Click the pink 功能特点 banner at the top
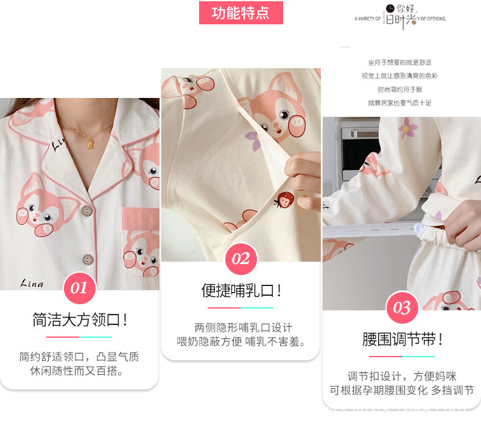coord(240,13)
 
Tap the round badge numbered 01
coord(79,288)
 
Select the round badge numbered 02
coord(240,259)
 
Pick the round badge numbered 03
coord(401,308)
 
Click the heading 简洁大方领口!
coord(79,320)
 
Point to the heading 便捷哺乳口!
coord(241,291)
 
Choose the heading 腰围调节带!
coord(402,340)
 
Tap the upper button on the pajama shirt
coord(87,211)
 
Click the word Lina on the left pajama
coord(32,284)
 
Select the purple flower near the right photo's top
coord(407,127)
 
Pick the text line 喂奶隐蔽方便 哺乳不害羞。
coord(240,342)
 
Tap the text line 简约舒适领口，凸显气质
coord(79,357)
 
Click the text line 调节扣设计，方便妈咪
coord(402,376)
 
